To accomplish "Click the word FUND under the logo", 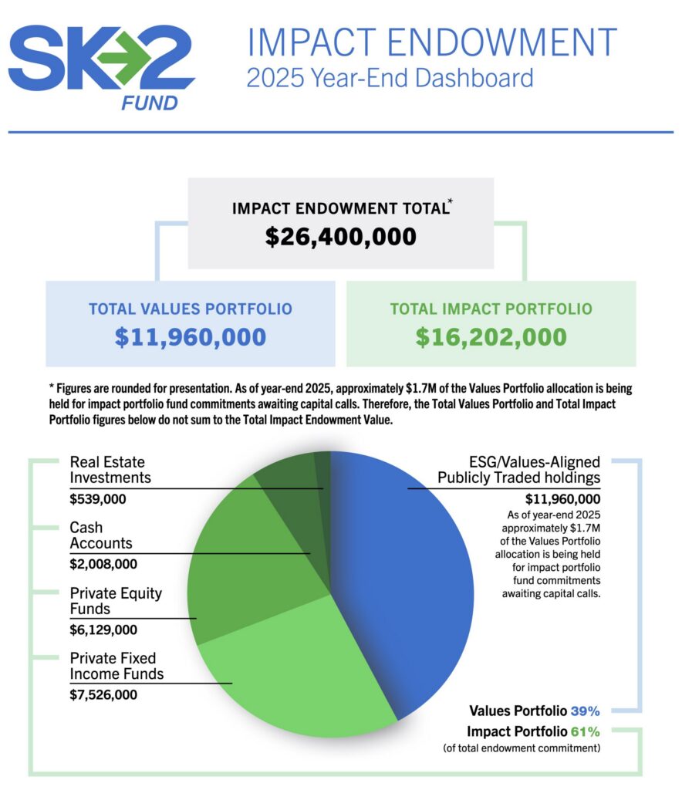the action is [x=150, y=104].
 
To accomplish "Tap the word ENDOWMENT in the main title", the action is [x=502, y=42].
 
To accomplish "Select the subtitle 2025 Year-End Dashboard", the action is [x=390, y=78].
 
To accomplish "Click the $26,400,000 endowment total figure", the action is [x=341, y=237].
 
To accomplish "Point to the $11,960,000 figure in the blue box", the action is [x=191, y=337].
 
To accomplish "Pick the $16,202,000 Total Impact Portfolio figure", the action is [x=491, y=337].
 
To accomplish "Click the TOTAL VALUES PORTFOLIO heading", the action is [x=191, y=309].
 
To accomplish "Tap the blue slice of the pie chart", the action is [x=408, y=574].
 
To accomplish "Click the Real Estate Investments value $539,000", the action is [x=98, y=499].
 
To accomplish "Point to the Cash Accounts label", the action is [x=101, y=535].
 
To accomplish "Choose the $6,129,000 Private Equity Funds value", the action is [x=103, y=630].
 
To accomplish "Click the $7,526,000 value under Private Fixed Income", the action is [x=103, y=695].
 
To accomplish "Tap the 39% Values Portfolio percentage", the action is [x=586, y=711].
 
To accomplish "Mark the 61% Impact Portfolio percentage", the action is [x=586, y=731].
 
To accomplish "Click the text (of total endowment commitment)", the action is [x=522, y=748].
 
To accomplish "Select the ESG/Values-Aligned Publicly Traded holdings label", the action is [x=518, y=470].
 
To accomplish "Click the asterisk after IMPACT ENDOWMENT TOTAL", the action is [x=451, y=201].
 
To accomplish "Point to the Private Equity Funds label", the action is [x=116, y=600].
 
